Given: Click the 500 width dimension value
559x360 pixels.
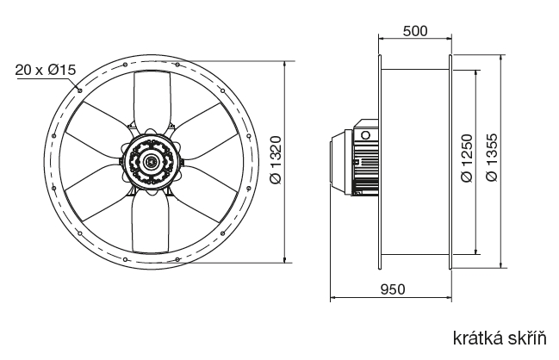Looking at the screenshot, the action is (415, 31).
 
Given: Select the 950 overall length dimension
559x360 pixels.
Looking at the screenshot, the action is (393, 289).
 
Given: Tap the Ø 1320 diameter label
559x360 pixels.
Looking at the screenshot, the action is (276, 160).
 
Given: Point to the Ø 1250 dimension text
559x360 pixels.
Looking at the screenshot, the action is (467, 158).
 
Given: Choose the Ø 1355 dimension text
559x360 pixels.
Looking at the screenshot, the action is (492, 158).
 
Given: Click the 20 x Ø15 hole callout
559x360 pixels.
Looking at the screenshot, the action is (46, 70).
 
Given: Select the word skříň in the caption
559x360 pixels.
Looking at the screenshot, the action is (530, 338).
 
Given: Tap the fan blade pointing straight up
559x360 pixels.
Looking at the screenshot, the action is (152, 100).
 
